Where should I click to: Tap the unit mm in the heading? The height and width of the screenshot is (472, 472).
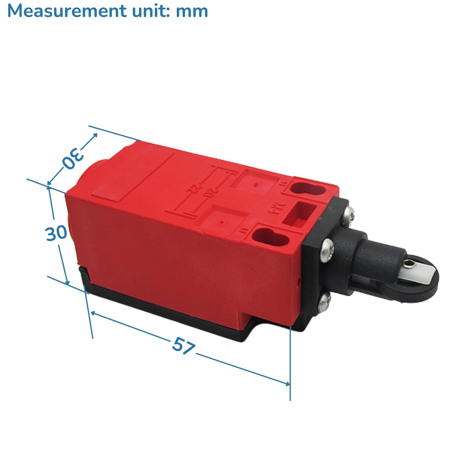point(192,12)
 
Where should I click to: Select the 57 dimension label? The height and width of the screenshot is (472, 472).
point(184,346)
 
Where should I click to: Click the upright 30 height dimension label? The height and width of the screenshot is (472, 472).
point(56,233)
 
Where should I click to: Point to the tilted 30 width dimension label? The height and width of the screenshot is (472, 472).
point(73,158)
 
